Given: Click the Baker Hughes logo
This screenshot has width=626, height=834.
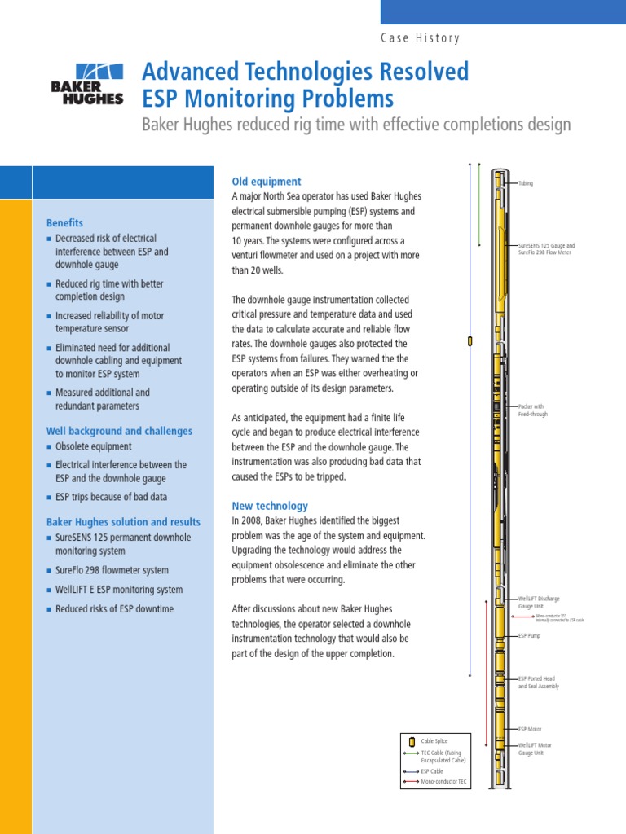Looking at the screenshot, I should coord(87,84).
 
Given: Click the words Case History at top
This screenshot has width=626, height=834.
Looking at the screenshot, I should coord(420,38).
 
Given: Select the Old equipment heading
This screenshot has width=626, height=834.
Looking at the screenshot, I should coord(267,182).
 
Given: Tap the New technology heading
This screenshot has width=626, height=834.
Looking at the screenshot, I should coord(270,506).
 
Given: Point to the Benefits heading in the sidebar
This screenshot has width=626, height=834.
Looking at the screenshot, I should coord(64,222).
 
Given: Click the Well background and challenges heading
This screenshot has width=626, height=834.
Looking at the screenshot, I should coord(119,431).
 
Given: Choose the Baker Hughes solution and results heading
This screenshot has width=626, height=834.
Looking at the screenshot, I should coord(123,521).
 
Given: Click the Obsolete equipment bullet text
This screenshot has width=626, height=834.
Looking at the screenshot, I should coord(93,447).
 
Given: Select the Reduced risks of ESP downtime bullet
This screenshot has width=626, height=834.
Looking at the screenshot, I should coord(114,609).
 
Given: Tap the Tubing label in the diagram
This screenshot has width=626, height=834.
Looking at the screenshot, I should coord(526,184).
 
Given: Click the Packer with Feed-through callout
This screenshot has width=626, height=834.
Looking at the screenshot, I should coord(531,409).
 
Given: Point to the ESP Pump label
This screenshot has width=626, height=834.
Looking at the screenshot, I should coord(529,636).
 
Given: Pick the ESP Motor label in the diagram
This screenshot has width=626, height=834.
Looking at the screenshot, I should coord(530,730).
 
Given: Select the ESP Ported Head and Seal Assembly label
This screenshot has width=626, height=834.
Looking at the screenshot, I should coord(539,683).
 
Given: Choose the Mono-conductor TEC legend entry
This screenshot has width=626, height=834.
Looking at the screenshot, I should coord(443,782).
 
